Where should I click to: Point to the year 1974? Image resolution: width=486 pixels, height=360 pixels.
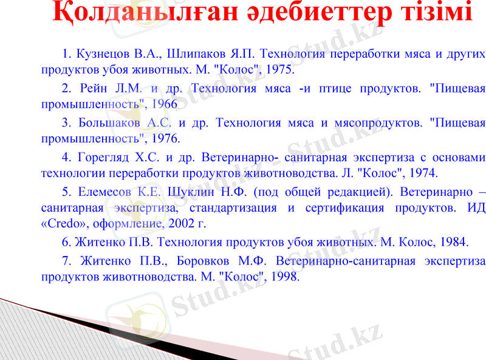(422, 173)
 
